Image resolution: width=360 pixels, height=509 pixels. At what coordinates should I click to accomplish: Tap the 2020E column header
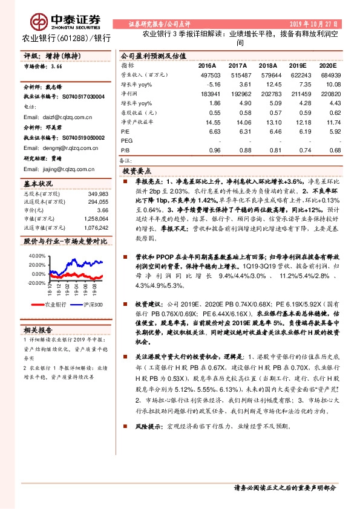[327, 65]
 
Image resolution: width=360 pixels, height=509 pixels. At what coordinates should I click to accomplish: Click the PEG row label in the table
[126, 140]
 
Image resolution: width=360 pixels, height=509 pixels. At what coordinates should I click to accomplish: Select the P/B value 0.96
[214, 151]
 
